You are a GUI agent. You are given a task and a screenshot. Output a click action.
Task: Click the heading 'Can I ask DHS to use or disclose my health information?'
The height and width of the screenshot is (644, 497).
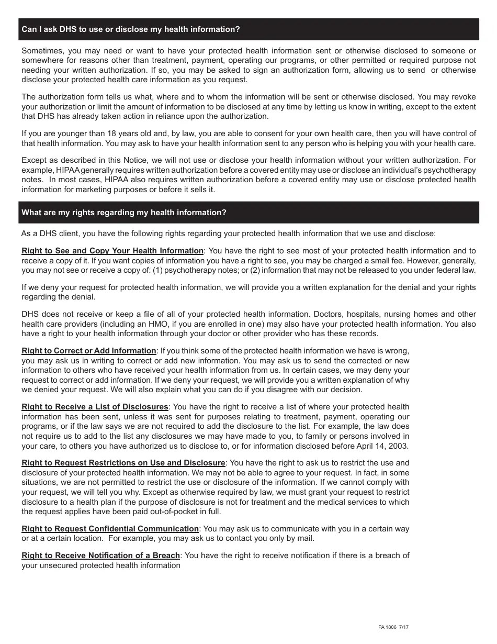[130, 29]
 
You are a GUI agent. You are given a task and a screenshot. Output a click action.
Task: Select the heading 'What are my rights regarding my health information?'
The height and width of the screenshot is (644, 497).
[124, 213]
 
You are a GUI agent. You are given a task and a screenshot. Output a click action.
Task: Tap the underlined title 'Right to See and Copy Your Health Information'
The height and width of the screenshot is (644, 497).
[112, 251]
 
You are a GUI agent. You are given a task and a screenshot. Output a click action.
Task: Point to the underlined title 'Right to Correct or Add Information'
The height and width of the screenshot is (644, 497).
[89, 351]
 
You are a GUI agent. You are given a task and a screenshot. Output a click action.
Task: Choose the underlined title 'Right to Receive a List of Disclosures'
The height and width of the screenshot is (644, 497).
[95, 407]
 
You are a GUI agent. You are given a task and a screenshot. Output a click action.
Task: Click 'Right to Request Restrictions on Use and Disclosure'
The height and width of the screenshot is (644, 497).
[123, 463]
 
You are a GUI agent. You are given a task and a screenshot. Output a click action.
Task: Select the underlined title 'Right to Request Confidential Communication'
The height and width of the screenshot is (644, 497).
[110, 529]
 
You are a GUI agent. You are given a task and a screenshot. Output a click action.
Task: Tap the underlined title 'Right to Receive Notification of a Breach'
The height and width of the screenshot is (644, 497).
[100, 556]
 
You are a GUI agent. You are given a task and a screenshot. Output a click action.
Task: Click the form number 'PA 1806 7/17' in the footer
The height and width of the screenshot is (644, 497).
[393, 627]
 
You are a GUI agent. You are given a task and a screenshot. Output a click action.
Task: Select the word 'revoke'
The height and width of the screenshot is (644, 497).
[462, 97]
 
